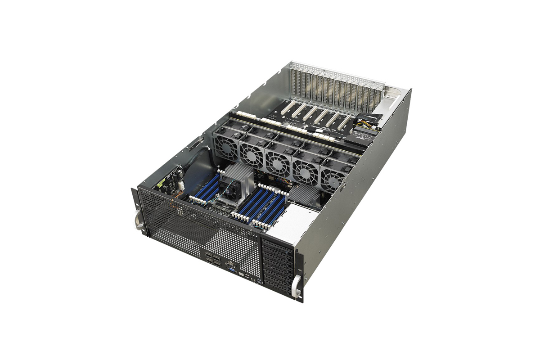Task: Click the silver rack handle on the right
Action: [x=297, y=286]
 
